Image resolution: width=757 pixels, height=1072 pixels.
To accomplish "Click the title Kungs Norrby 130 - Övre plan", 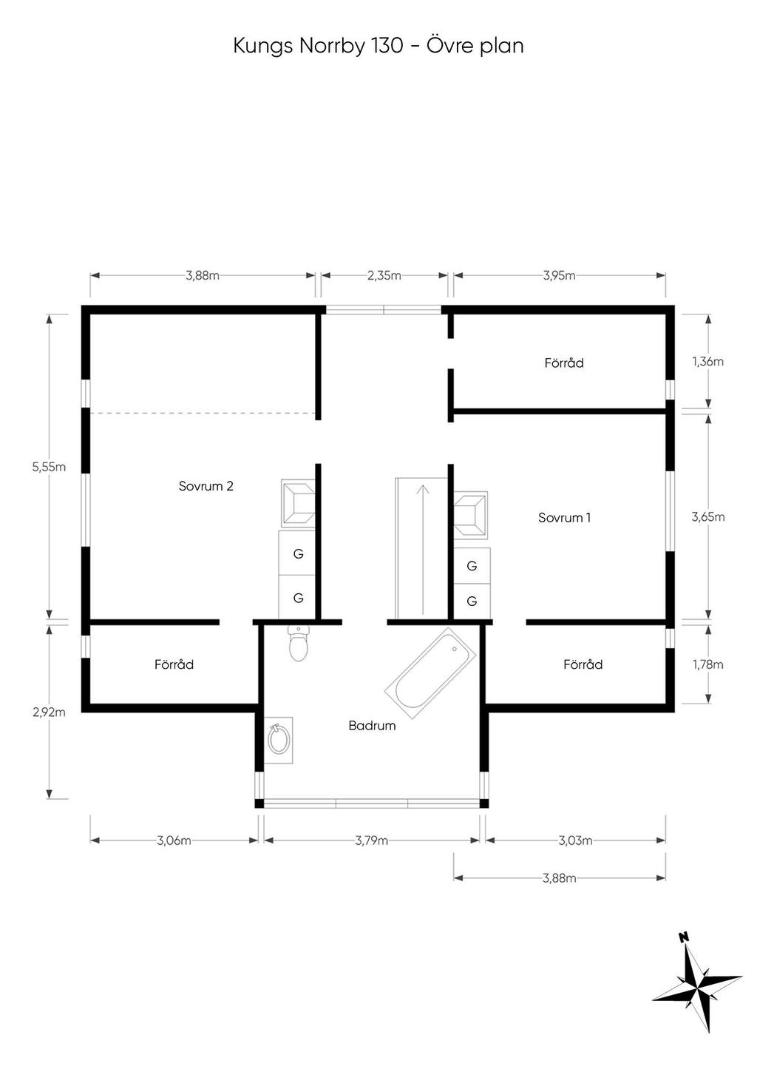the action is click(378, 47).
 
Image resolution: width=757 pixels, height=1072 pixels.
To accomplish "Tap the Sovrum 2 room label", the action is click(206, 486).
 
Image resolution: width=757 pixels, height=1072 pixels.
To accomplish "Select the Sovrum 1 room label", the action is click(564, 517).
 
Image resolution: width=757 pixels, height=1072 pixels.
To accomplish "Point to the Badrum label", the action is click(372, 726).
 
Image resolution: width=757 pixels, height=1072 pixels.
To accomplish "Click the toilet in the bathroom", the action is click(299, 643).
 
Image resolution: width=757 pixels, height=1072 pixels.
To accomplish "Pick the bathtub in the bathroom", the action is click(430, 673).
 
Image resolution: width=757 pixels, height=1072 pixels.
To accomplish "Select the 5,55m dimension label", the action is click(49, 467).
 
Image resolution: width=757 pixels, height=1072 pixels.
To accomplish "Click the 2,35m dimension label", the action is click(384, 276).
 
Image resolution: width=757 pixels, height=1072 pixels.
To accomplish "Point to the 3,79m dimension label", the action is click(371, 840).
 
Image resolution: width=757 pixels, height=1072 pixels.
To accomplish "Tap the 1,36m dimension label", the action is click(707, 362).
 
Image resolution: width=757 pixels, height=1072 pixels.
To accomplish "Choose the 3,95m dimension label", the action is click(559, 276).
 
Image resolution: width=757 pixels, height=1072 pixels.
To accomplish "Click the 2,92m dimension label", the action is click(49, 712).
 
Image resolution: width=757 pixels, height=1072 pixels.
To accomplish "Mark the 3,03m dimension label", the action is click(575, 840).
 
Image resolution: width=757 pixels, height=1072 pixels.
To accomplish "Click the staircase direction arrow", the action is click(423, 550).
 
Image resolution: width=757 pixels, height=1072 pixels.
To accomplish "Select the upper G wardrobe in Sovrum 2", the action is click(296, 553).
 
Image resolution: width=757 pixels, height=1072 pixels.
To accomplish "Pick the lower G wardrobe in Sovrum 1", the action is click(472, 601).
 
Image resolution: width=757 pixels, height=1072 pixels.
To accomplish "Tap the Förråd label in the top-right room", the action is click(564, 363).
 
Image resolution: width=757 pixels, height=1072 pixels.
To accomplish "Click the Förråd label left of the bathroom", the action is click(174, 664).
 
